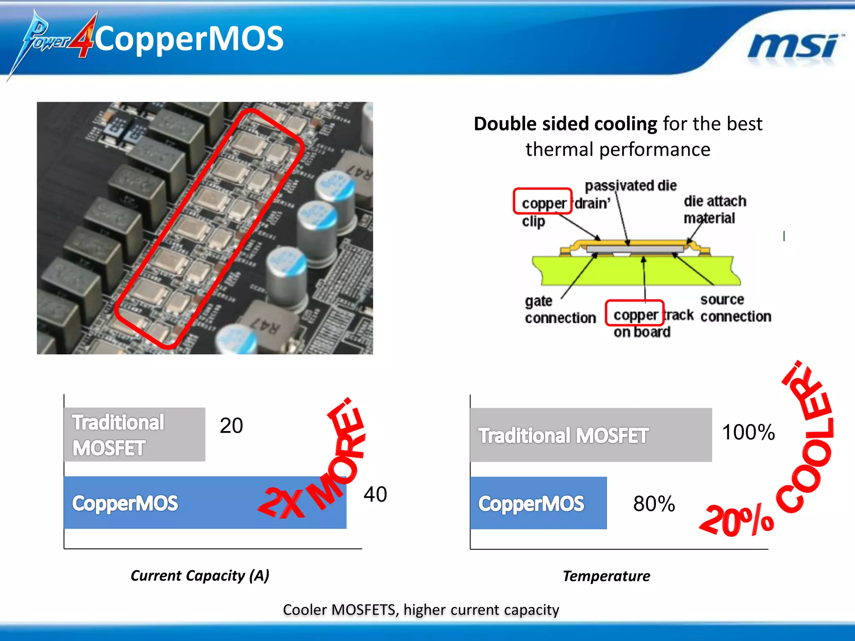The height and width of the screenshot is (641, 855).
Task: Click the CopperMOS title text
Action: (x=189, y=38)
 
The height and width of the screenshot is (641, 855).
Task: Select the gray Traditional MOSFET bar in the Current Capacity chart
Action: (x=134, y=434)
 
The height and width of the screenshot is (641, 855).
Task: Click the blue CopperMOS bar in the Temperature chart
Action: (x=538, y=503)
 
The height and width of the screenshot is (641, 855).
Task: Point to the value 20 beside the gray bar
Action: (x=231, y=426)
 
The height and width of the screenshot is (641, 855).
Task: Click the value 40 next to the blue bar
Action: (x=375, y=495)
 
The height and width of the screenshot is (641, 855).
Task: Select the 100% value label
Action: (x=748, y=432)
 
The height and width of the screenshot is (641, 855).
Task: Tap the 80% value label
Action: (x=654, y=504)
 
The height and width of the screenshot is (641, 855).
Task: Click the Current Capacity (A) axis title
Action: (x=200, y=575)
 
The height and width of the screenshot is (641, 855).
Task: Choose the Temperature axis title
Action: (x=606, y=576)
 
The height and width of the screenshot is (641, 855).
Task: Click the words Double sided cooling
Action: (x=565, y=124)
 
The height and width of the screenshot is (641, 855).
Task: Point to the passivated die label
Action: (x=630, y=186)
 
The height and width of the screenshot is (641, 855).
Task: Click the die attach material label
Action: (x=714, y=209)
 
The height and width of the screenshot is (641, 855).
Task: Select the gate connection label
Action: (x=559, y=309)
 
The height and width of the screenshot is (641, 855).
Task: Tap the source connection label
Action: (x=735, y=308)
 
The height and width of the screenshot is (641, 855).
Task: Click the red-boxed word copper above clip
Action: (x=543, y=203)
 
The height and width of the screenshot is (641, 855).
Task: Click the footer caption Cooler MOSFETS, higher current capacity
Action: (x=421, y=610)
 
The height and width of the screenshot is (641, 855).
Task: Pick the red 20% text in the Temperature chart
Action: (x=736, y=520)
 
